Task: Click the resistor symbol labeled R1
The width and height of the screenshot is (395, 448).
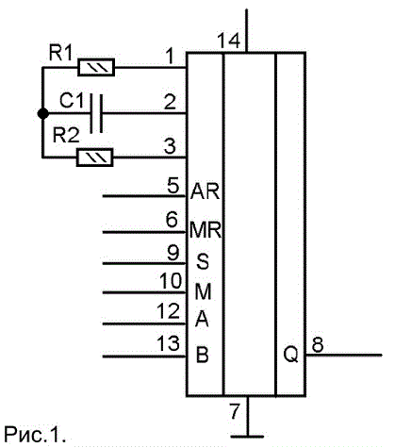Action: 96,67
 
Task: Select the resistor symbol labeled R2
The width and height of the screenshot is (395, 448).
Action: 95,158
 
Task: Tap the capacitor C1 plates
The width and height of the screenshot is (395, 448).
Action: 96,113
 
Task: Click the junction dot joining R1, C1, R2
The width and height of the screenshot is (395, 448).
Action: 42,113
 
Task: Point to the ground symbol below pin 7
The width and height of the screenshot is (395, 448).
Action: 247,437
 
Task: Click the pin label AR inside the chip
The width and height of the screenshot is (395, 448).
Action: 205,191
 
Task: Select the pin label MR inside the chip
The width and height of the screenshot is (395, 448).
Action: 206,230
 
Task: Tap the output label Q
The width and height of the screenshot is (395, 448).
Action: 290,355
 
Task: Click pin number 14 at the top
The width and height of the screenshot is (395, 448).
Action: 229,41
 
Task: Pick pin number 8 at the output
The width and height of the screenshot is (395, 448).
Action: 318,344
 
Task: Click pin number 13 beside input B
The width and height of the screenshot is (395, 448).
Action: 169,343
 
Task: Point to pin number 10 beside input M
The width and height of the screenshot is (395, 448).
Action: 171,281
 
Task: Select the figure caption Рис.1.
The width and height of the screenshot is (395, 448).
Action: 35,434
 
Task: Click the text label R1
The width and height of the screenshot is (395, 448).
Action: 60,54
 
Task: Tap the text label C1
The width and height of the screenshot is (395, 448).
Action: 72,101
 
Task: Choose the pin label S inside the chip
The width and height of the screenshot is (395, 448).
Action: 203,261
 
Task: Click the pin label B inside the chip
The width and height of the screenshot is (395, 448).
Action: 203,355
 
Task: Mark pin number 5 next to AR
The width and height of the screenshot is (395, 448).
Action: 173,186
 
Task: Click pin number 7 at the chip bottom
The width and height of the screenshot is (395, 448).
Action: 235,411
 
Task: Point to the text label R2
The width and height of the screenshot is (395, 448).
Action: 66,136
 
